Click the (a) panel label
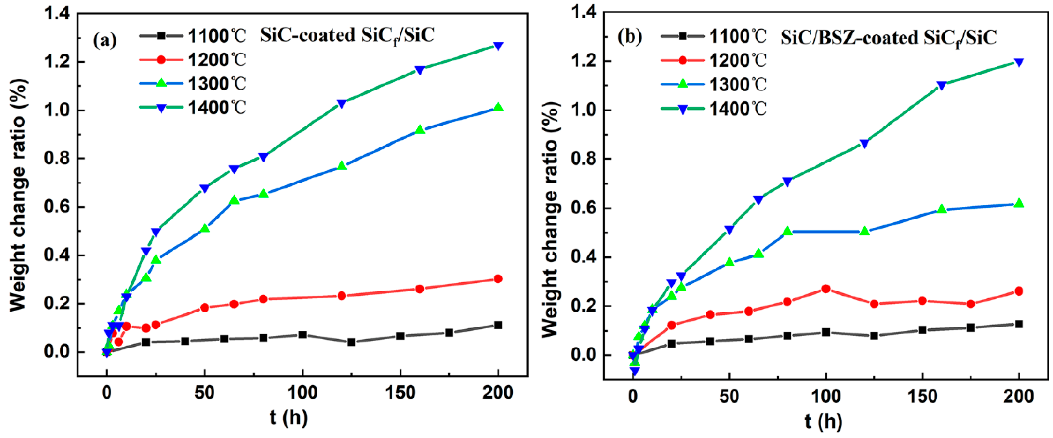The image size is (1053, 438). tap(105, 40)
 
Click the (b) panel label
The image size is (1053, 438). tap(630, 37)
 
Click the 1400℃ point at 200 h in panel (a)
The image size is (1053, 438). tap(498, 46)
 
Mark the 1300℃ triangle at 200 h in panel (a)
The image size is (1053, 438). tap(498, 107)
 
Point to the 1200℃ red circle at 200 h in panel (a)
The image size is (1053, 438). tap(498, 279)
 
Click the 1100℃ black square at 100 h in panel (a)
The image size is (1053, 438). tap(302, 335)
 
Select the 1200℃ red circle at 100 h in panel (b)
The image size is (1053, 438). tap(826, 289)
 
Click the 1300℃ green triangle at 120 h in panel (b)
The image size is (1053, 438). tap(864, 231)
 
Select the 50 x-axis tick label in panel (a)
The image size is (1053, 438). tap(205, 393)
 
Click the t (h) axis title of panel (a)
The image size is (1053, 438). tap(288, 417)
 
